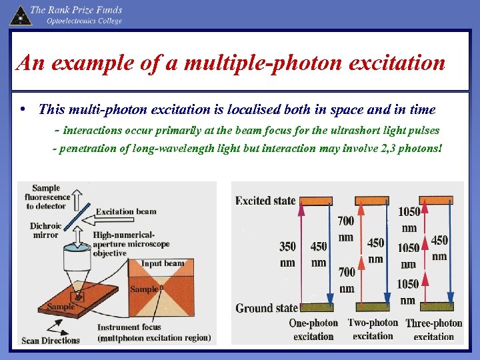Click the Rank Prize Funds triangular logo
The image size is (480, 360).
click(21, 15)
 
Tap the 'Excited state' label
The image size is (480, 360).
click(265, 201)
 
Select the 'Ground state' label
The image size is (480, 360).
click(266, 308)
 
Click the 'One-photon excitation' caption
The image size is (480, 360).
click(313, 329)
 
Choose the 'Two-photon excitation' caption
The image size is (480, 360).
click(373, 329)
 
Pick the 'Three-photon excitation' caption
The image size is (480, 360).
click(434, 329)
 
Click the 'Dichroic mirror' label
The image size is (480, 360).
click(46, 230)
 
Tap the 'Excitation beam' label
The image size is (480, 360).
click(126, 212)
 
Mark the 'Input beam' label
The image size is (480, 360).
click(162, 263)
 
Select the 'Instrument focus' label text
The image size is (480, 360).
click(129, 327)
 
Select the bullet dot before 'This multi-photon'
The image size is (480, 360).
click(24, 109)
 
